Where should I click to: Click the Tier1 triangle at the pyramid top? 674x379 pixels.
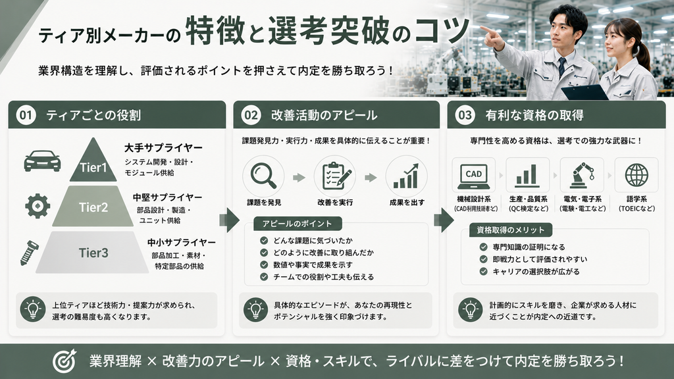93,163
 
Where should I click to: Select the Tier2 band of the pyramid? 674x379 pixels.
93,207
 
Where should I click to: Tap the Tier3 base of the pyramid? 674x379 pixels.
93,252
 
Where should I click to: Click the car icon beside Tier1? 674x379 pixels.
42,161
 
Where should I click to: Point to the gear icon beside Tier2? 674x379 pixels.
38,206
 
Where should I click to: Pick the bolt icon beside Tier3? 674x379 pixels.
29,253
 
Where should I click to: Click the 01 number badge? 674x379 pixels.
26,115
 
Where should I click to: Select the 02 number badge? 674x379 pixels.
251,115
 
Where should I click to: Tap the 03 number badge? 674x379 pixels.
465,115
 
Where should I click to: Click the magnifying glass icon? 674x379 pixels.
263,176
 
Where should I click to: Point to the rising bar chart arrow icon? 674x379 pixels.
406,176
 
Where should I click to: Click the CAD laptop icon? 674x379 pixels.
473,176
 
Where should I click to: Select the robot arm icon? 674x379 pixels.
583,175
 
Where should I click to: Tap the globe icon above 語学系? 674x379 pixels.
636,175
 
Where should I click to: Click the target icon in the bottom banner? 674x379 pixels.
65,361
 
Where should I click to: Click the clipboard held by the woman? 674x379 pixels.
584,92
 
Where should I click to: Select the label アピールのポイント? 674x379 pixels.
297,224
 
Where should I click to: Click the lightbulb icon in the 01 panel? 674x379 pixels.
33,309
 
